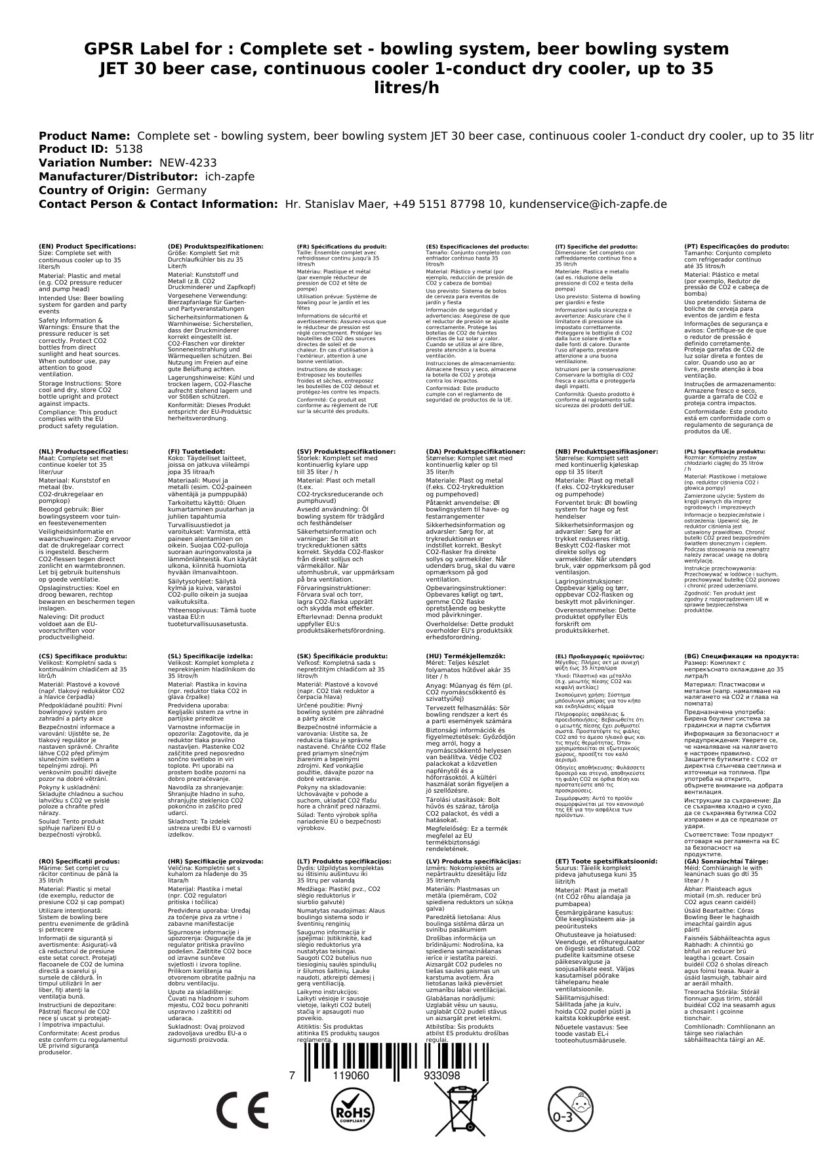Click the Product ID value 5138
click(x=129, y=149)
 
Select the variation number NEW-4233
click(x=188, y=163)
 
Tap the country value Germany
click(x=181, y=190)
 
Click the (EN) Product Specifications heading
click(x=87, y=247)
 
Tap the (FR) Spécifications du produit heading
click(x=342, y=247)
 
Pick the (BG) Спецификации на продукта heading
click(x=742, y=656)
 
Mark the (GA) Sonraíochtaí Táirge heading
click(x=726, y=861)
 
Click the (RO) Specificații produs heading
click(x=79, y=861)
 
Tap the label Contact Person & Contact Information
click(x=158, y=204)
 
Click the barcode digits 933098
click(x=441, y=1076)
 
